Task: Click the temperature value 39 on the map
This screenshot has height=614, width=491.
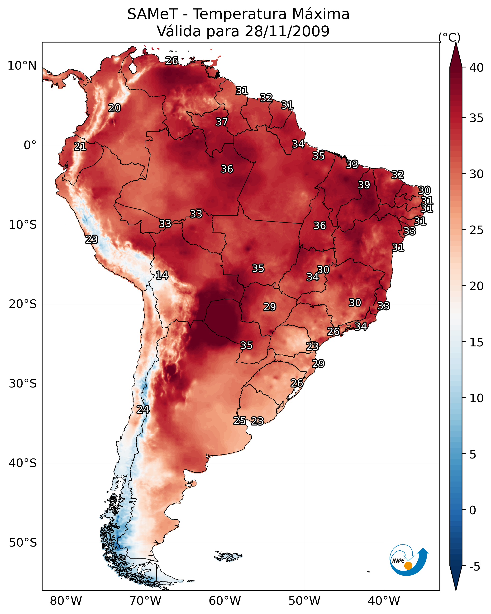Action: (x=364, y=185)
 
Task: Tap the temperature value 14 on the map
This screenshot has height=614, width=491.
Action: (x=162, y=275)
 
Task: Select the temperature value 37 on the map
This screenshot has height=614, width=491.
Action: (x=222, y=122)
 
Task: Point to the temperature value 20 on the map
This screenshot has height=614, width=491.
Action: (x=114, y=108)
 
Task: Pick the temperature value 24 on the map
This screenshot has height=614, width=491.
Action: (x=143, y=410)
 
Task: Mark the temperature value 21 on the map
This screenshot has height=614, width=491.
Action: (x=80, y=147)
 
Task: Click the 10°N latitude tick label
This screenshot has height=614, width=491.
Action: (x=22, y=66)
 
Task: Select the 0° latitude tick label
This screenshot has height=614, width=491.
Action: (x=30, y=145)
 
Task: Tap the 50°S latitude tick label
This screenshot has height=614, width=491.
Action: (x=23, y=543)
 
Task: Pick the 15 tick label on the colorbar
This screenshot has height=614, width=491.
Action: (x=477, y=342)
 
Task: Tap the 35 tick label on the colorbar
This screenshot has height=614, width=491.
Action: (x=477, y=118)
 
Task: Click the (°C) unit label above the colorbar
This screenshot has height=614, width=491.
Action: (x=449, y=37)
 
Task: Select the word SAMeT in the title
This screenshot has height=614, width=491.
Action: (x=153, y=14)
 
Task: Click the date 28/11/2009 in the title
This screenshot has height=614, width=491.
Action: (x=287, y=31)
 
